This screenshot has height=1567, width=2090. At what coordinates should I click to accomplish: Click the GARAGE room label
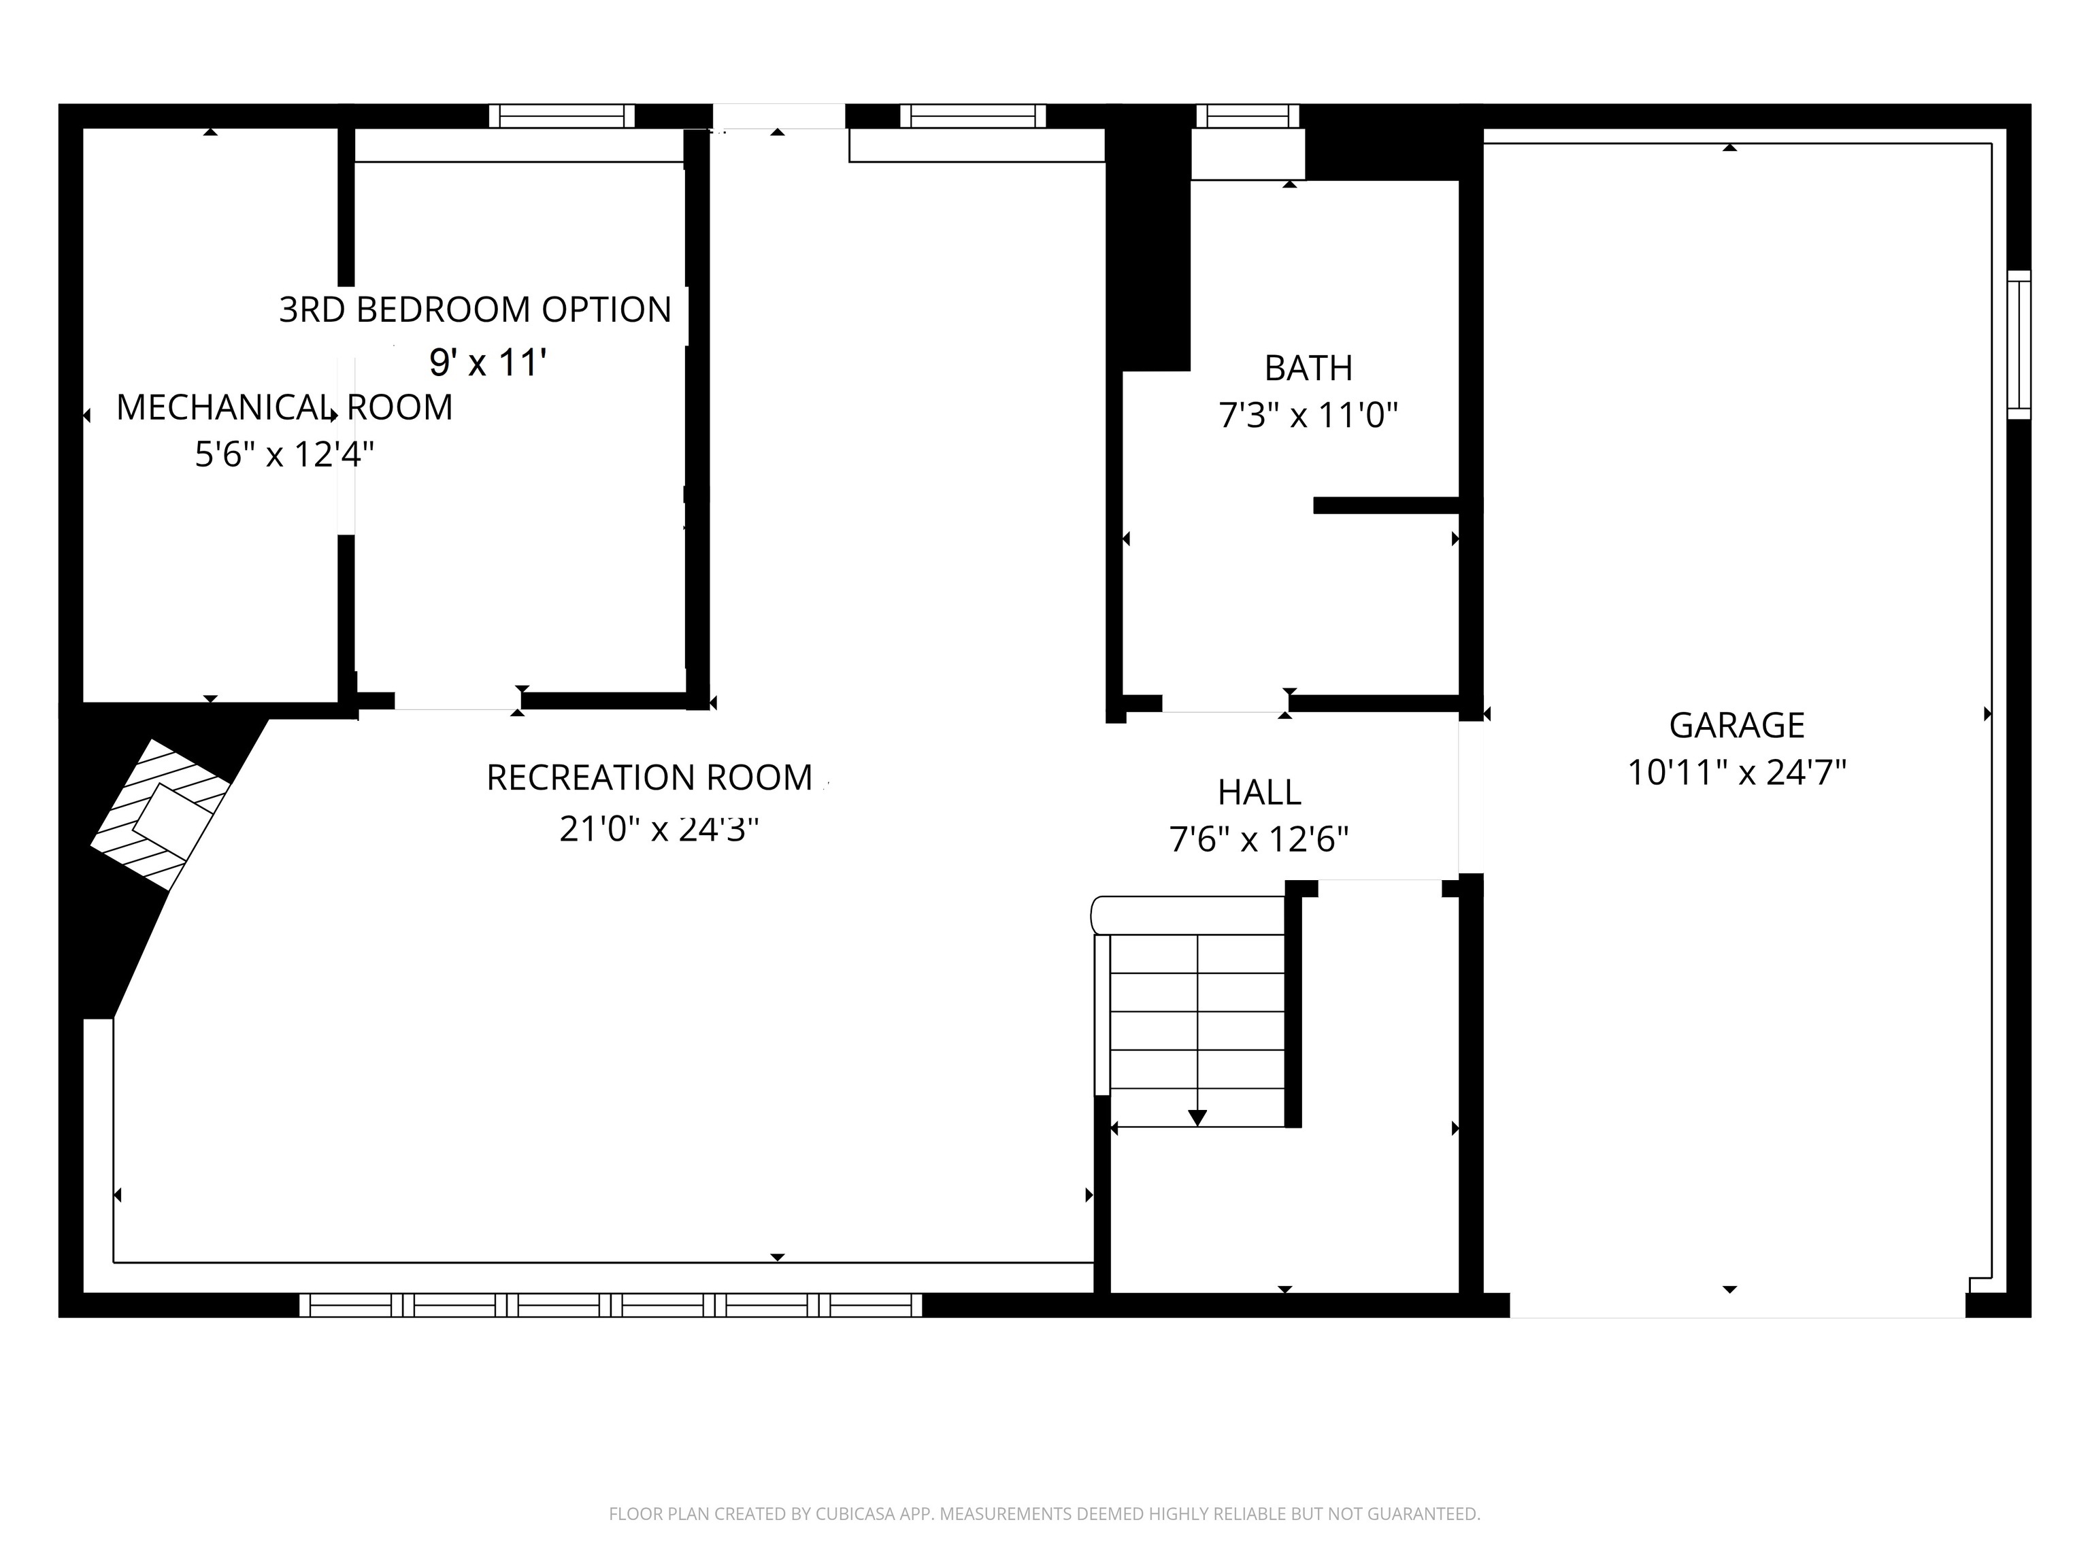(1737, 726)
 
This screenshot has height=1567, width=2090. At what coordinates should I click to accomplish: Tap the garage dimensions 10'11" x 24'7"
(1737, 773)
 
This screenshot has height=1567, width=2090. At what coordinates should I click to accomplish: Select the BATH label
(1308, 369)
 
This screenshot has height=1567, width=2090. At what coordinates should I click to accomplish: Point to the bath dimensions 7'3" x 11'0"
(1308, 416)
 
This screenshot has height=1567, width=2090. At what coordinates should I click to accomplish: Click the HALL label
(1259, 792)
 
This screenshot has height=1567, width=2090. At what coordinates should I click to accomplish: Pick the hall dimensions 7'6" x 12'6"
(1259, 839)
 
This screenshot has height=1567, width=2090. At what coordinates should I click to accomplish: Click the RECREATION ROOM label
(649, 778)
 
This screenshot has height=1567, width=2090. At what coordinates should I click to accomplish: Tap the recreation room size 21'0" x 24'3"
(659, 829)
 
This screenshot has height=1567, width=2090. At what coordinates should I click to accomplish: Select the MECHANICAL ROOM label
(284, 408)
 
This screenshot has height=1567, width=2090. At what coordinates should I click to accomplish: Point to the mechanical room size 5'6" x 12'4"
(284, 455)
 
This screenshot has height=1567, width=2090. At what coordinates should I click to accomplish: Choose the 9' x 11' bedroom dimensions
(488, 363)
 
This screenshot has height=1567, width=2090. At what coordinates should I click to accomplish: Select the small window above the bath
(1247, 116)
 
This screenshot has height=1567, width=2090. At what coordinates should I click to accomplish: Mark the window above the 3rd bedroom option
(561, 116)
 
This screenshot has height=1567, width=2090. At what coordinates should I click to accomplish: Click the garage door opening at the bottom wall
(1737, 1305)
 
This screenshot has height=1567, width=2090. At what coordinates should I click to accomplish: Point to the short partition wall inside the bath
(1385, 505)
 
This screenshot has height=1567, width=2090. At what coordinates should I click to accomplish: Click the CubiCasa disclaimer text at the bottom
(1044, 1514)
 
